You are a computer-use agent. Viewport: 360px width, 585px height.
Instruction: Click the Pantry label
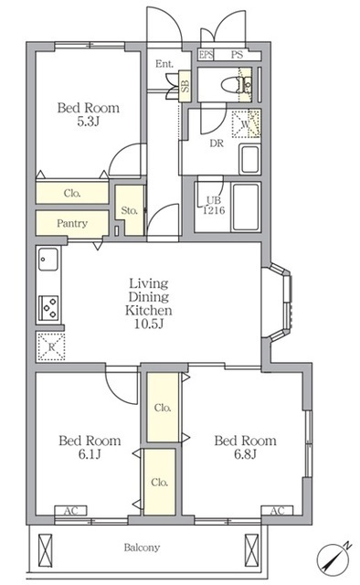[72, 223]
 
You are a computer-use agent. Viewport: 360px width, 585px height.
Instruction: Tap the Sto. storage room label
[130, 210]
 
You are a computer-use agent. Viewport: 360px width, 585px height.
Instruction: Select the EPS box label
[206, 55]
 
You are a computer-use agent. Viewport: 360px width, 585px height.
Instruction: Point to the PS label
[237, 55]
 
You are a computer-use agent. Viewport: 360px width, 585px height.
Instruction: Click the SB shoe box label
[185, 86]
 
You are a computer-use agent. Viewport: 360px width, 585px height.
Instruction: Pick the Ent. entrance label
[164, 64]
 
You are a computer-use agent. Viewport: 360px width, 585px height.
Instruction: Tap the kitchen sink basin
[48, 259]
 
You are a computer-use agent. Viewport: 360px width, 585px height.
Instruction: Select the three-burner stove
[48, 307]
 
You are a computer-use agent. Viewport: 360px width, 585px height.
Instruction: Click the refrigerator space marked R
[51, 346]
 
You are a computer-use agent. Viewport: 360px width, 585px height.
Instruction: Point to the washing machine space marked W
[246, 123]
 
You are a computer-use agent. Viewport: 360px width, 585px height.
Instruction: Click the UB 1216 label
[214, 205]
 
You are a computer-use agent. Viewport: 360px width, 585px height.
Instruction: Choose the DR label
[217, 144]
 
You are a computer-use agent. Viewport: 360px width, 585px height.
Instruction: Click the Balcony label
[142, 548]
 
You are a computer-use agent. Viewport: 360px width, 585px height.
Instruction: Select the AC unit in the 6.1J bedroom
[71, 510]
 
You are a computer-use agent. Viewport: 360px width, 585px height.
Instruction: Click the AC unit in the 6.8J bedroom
[277, 510]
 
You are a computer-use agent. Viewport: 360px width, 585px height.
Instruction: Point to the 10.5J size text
[149, 324]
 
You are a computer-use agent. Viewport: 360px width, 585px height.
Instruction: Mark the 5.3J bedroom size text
[88, 122]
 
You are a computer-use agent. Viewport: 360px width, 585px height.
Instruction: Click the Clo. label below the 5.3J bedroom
[72, 193]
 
